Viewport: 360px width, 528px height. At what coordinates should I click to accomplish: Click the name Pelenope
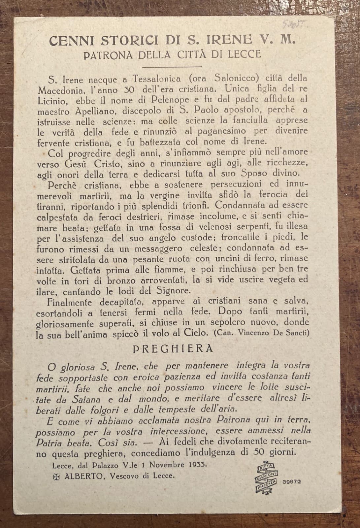[170, 100]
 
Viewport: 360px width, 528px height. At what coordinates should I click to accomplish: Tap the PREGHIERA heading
[173, 349]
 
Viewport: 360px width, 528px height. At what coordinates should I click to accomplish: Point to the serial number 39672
[291, 481]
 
